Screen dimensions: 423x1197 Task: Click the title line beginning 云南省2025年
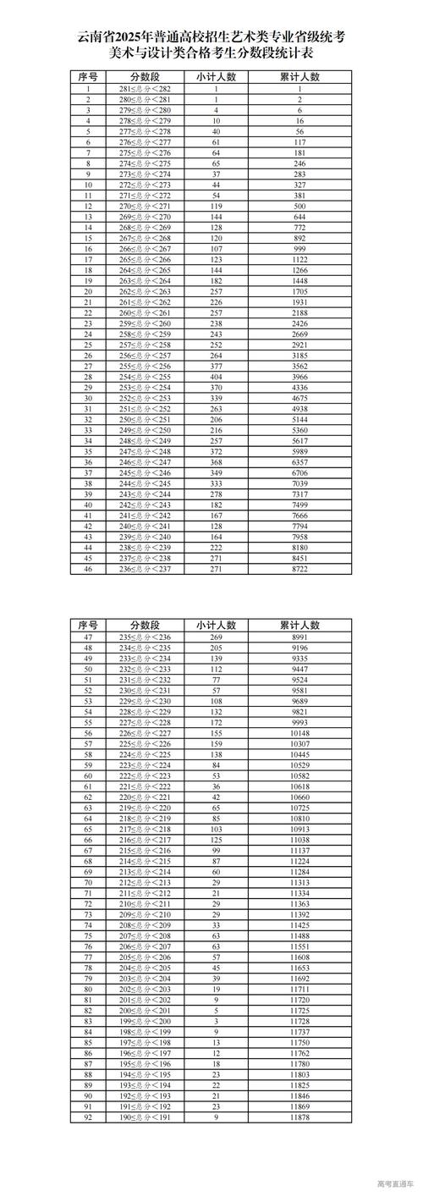coord(211,36)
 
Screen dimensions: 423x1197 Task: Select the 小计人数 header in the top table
coord(217,76)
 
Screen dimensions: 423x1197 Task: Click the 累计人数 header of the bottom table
coord(300,625)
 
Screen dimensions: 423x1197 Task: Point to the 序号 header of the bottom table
coord(89,625)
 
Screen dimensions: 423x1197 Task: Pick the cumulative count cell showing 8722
coord(300,570)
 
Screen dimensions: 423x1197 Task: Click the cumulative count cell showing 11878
coord(300,1118)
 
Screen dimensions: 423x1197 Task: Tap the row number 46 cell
coord(89,570)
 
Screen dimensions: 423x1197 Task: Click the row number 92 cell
coord(89,1118)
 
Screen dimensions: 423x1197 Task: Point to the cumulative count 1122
coord(300,259)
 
